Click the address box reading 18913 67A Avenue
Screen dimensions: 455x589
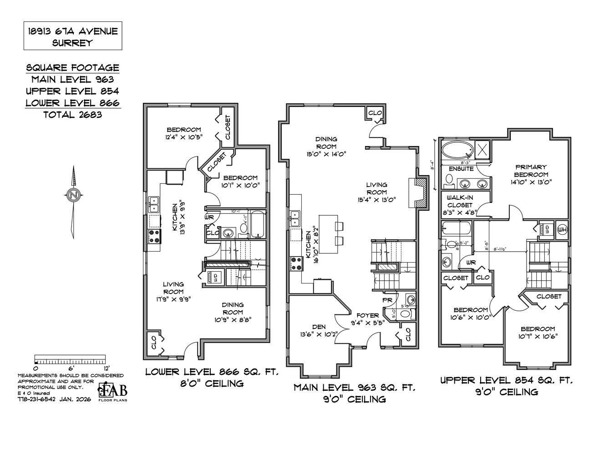click(x=73, y=37)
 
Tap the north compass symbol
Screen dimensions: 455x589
click(x=73, y=195)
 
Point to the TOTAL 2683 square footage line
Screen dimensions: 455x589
click(x=73, y=115)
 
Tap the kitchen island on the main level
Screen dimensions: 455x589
click(x=330, y=234)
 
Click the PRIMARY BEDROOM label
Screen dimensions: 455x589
click(x=531, y=171)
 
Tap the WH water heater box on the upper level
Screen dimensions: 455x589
click(x=562, y=228)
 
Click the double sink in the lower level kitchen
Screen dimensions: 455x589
click(x=153, y=204)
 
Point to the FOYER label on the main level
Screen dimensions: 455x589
click(x=367, y=315)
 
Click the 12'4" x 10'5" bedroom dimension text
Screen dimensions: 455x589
click(x=183, y=136)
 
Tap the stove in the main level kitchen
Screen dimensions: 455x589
click(x=296, y=263)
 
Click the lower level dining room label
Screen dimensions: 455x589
click(x=233, y=308)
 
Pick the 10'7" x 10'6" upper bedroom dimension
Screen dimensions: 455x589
click(x=538, y=336)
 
